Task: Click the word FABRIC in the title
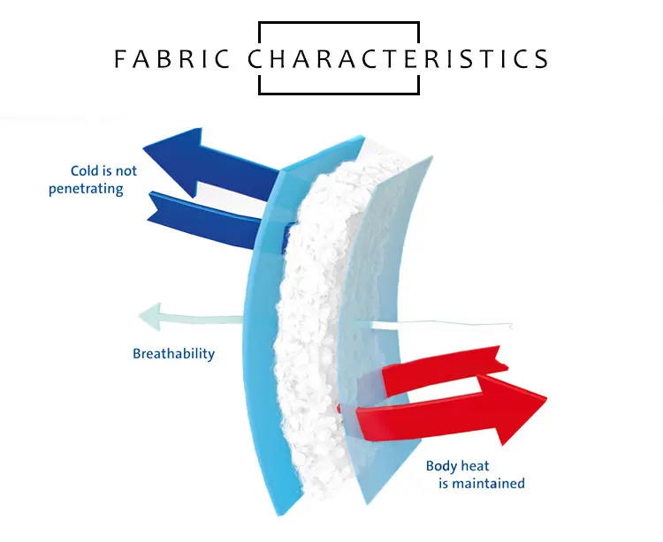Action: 171,58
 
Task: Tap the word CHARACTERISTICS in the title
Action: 398,58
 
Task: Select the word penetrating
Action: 86,189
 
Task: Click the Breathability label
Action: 174,353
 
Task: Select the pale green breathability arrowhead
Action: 150,316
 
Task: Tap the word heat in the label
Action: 474,465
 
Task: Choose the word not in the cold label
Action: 126,170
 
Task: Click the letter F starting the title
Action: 120,58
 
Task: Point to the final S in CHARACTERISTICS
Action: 541,58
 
